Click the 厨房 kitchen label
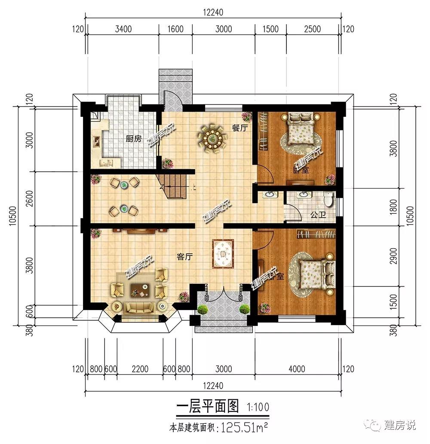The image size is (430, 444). coord(133,139)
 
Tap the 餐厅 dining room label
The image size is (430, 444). coord(240,128)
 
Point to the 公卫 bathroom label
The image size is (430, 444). coord(317,215)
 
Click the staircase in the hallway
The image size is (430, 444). coord(173,185)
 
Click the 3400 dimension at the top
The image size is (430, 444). coord(123,29)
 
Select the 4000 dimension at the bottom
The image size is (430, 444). coord(297,369)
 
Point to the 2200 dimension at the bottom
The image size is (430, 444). coord(140,369)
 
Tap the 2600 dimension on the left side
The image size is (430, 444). coord(29,199)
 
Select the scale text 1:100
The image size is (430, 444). coord(258,406)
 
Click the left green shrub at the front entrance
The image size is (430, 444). coord(203,309)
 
